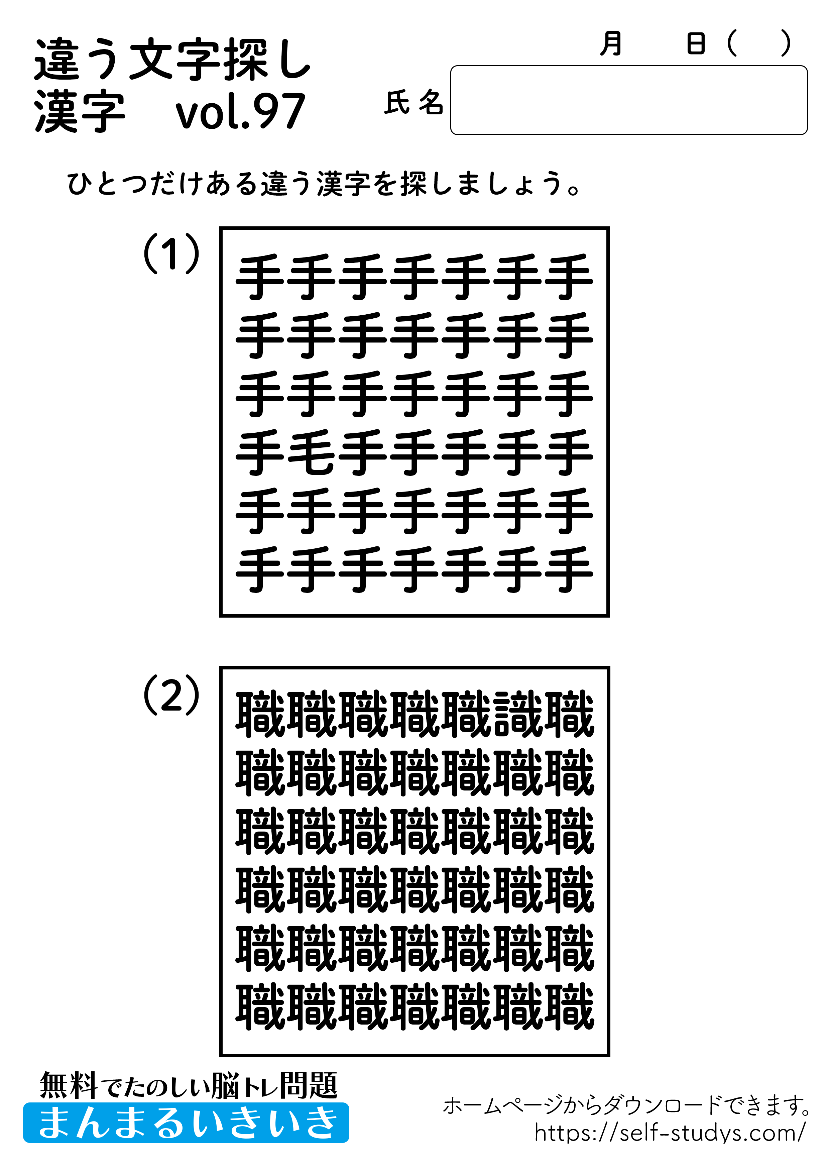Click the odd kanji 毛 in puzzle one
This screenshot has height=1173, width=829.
click(312, 452)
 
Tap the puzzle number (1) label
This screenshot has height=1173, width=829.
click(171, 253)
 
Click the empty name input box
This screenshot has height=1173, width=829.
click(628, 100)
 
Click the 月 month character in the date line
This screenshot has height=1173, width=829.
click(611, 43)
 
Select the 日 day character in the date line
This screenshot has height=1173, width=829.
click(696, 43)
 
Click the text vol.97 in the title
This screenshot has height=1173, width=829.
click(240, 111)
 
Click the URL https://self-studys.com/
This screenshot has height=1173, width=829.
click(670, 1133)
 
